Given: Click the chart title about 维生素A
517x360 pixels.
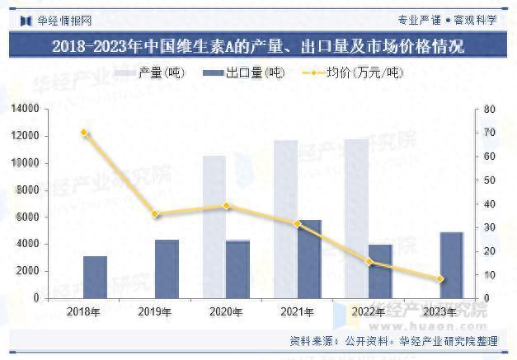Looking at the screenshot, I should click(x=257, y=46).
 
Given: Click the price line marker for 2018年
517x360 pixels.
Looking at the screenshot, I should click(x=84, y=133).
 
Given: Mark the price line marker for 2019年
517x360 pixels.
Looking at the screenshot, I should click(x=155, y=214).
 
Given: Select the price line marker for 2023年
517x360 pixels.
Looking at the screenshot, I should click(x=440, y=279).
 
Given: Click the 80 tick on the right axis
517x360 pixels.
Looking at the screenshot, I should click(x=489, y=110).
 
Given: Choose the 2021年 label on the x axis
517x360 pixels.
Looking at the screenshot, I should click(x=297, y=311).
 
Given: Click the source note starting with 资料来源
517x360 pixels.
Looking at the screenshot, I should click(x=393, y=340).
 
